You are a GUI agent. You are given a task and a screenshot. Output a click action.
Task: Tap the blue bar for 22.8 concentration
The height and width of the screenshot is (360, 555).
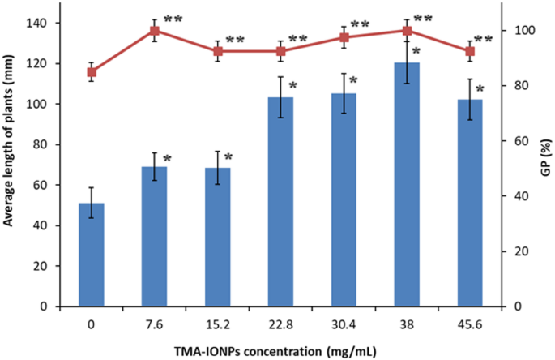(x=280, y=202)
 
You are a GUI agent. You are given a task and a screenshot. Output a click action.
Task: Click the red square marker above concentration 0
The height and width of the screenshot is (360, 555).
(x=92, y=72)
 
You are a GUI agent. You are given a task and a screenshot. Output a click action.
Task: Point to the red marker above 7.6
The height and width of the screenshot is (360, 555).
(x=154, y=31)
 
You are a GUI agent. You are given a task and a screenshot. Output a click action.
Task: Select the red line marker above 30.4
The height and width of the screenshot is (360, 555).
(x=344, y=37)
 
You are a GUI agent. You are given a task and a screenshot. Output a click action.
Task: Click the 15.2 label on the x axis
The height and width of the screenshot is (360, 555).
(x=217, y=323)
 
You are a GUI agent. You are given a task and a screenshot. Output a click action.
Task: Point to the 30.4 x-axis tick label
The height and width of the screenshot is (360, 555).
(x=344, y=323)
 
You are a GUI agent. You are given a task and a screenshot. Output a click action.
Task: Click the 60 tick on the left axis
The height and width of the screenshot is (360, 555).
(x=58, y=185)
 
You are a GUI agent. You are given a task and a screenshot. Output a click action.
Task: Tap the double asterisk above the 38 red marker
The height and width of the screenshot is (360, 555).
(x=425, y=19)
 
